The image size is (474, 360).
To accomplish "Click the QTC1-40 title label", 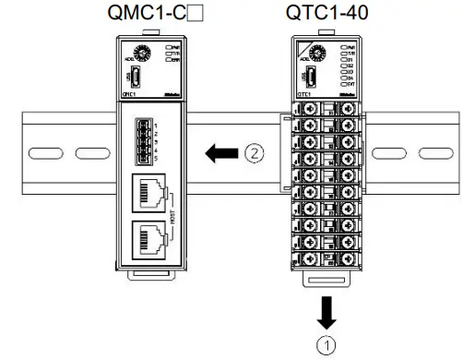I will coord(325,14).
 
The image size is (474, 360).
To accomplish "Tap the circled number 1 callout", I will coord(324,345).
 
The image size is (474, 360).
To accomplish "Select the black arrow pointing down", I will coord(324,312).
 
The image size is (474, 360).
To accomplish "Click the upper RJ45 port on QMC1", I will coord(152,193).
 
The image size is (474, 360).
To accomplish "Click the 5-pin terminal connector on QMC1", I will coord(147,141).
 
